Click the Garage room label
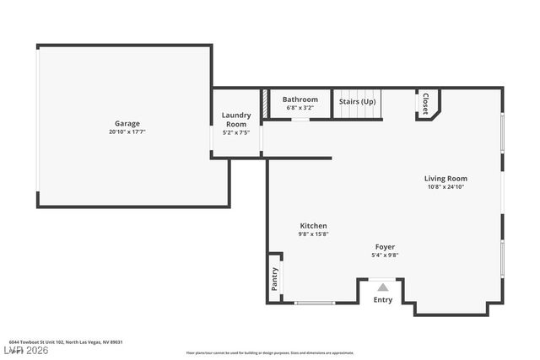(127, 123)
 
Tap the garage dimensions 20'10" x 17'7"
(127, 132)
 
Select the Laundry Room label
(236, 119)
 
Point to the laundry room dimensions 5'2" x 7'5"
(236, 132)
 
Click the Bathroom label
(300, 99)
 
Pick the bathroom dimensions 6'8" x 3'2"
(300, 108)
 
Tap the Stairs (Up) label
(358, 102)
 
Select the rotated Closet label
(425, 104)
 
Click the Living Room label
(445, 178)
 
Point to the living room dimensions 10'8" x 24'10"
(445, 186)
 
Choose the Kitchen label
(313, 225)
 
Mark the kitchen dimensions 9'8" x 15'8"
(313, 234)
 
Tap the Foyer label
(385, 246)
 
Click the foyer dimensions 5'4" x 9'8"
(385, 255)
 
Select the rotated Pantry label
(275, 279)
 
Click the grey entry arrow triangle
(382, 287)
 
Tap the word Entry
(382, 300)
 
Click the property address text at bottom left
(66, 342)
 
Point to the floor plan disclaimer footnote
(270, 352)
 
